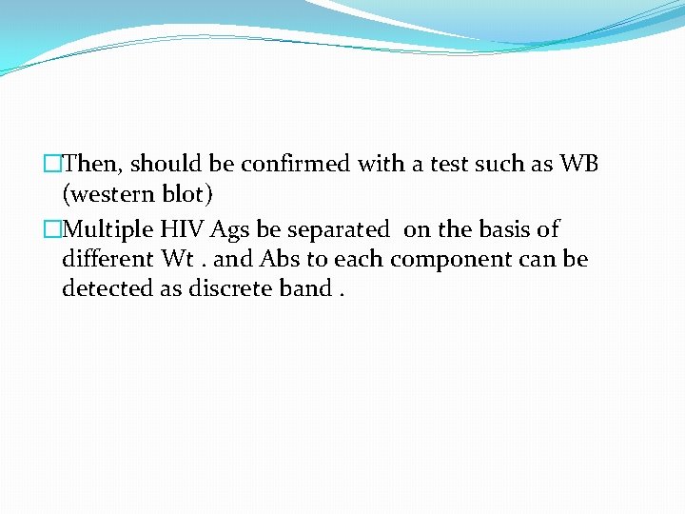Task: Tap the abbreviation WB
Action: (579, 165)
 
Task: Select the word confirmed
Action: (296, 165)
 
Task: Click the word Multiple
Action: (108, 229)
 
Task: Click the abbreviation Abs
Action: (280, 259)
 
